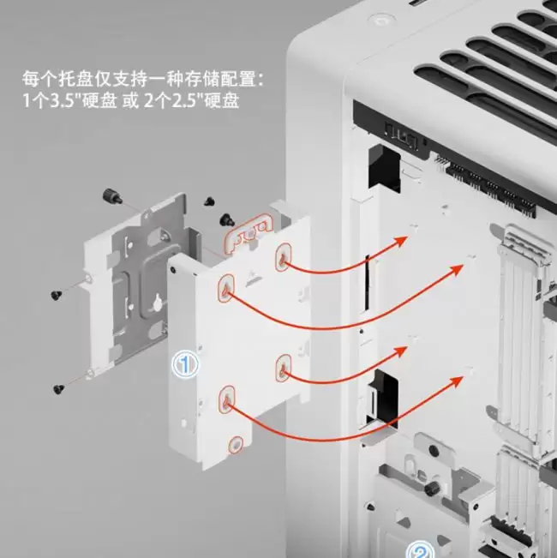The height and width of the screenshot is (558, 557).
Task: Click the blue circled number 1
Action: pos(185,364)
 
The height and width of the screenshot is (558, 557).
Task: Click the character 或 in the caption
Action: pos(130,101)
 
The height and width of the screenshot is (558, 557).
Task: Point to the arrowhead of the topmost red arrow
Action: pos(402,241)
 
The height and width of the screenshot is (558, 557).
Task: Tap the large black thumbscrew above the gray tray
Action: pos(111,196)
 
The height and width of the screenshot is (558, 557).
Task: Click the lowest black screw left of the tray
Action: pos(58,389)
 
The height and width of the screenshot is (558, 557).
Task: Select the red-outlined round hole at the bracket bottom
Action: pos(236,445)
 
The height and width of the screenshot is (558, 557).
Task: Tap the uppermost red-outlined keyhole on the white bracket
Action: pos(283,257)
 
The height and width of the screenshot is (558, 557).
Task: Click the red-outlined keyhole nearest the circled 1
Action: pos(226,399)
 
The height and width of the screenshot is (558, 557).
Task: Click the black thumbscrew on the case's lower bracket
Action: pos(431,488)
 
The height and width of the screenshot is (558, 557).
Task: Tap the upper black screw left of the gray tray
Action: pos(57,295)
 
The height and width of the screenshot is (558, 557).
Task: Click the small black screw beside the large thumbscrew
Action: pos(209,201)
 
